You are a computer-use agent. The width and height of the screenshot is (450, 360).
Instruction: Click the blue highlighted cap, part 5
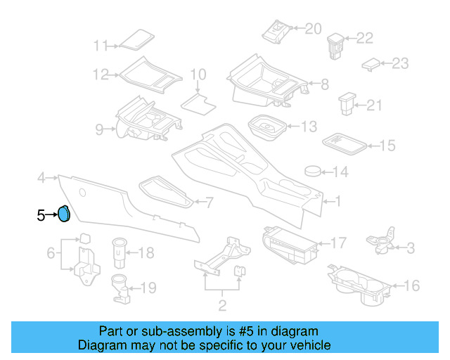point(63,213)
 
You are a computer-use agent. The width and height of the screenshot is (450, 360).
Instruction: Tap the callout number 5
point(41,215)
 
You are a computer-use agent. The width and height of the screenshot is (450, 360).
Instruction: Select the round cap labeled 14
point(312,171)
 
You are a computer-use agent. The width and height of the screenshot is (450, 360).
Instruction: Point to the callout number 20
point(312,29)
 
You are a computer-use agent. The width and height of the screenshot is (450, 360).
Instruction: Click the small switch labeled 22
point(335,43)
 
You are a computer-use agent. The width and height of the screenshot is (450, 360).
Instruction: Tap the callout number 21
point(373,105)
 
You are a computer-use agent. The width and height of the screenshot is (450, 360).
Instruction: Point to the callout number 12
point(101,74)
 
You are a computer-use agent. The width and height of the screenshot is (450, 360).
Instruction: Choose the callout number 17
point(338,243)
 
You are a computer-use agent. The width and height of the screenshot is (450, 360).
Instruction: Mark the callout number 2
point(222,305)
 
